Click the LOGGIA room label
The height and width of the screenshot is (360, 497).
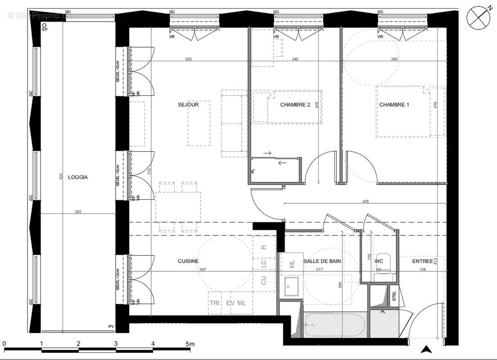pyautogui.click(x=78, y=177)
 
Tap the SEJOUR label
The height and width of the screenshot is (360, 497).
pyautogui.click(x=188, y=105)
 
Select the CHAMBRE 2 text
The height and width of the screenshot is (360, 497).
pyautogui.click(x=295, y=105)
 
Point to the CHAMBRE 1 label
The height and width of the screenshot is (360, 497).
pyautogui.click(x=394, y=105)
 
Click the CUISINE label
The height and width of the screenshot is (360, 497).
pyautogui.click(x=188, y=261)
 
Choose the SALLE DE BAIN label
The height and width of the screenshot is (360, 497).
pyautogui.click(x=322, y=261)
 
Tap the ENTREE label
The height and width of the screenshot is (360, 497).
pyautogui.click(x=422, y=261)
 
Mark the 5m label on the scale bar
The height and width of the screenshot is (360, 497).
pyautogui.click(x=190, y=344)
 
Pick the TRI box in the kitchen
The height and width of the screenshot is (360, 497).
pyautogui.click(x=214, y=303)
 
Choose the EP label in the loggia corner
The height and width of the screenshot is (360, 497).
pyautogui.click(x=45, y=30)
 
